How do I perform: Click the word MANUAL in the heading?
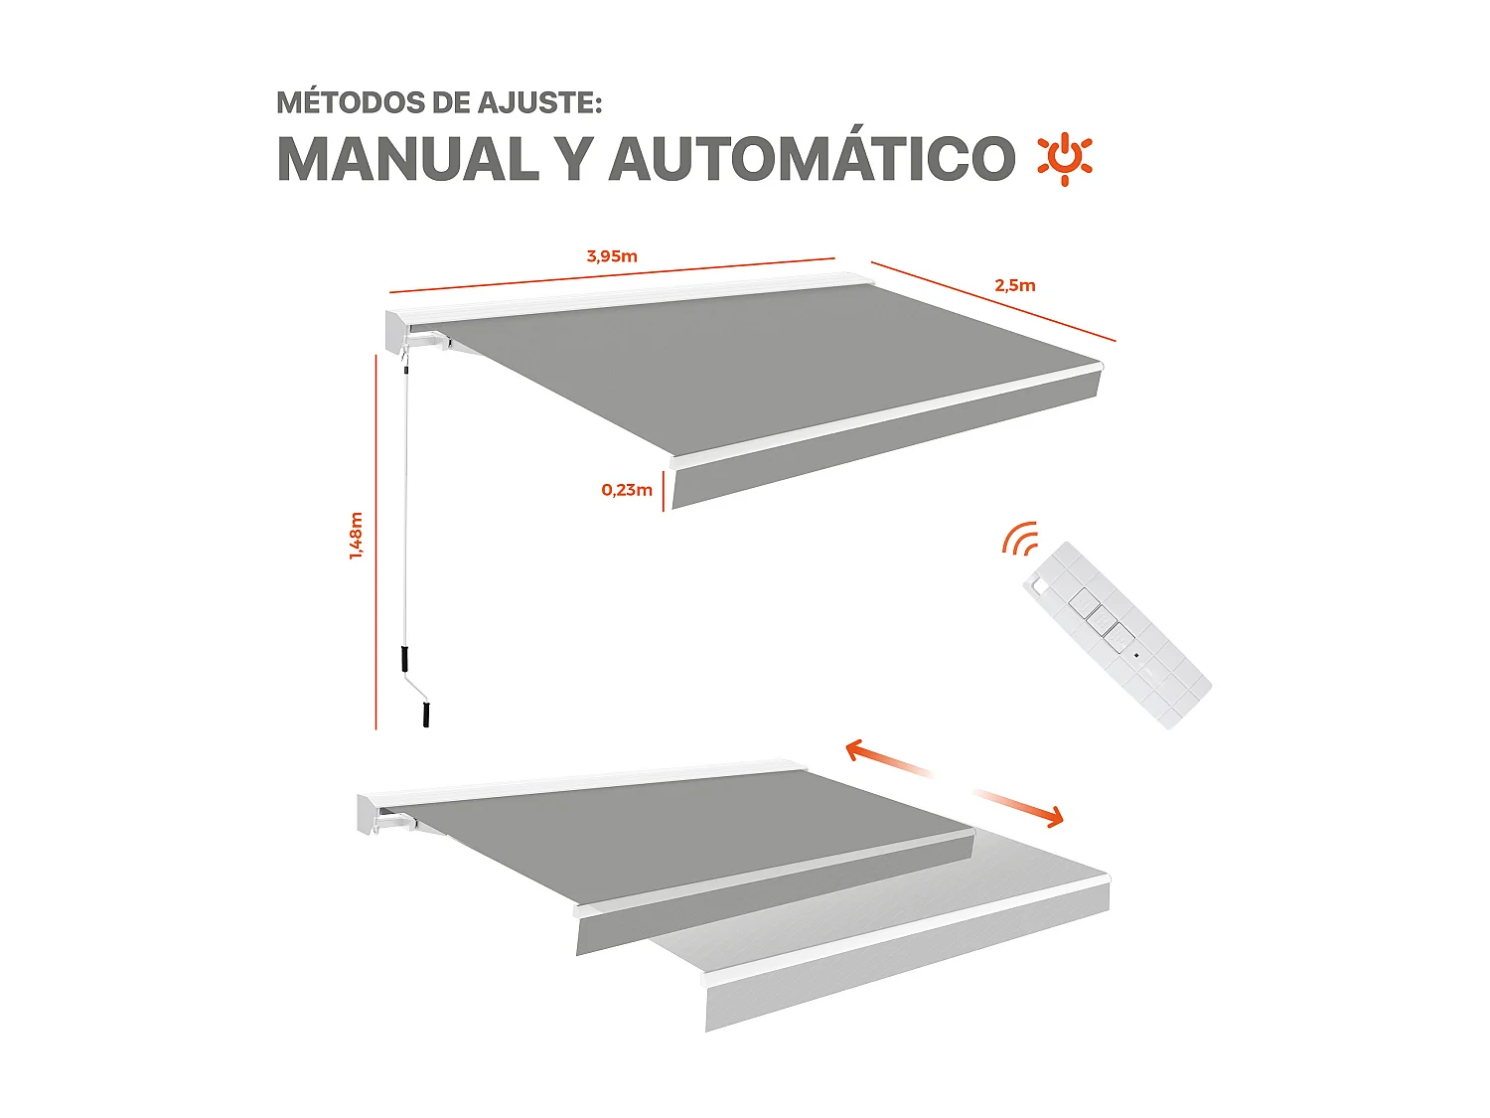tap(407, 159)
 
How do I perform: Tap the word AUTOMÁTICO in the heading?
tap(812, 159)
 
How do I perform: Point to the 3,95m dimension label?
tap(612, 256)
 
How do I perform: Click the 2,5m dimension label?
tap(1015, 286)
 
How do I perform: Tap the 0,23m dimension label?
tap(627, 490)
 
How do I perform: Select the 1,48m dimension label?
tap(356, 537)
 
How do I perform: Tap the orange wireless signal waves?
tap(1020, 540)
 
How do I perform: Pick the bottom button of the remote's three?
tap(1118, 637)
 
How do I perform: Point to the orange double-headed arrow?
tap(954, 783)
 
